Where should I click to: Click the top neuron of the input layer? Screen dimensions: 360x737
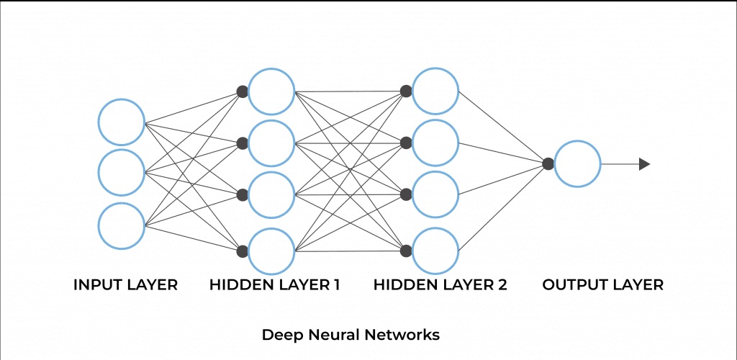[122, 122]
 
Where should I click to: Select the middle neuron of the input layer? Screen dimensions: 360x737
[122, 173]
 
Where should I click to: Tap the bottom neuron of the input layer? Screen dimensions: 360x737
[122, 225]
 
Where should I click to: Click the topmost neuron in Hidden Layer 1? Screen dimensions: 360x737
[271, 91]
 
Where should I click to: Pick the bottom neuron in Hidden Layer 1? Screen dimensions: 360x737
[271, 251]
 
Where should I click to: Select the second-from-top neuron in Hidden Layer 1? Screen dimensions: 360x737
[271, 143]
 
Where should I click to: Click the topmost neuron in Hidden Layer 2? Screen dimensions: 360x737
[435, 91]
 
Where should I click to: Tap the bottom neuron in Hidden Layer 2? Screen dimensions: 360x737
[435, 251]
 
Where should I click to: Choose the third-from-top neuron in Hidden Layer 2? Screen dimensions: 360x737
[435, 194]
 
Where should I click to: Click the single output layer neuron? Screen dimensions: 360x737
[577, 164]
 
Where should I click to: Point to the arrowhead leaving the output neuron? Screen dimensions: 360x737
[644, 164]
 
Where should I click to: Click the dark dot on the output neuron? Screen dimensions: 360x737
[548, 164]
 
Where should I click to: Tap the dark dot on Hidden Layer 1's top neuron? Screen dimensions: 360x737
[243, 91]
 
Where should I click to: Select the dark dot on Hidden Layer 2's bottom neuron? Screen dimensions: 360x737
[406, 251]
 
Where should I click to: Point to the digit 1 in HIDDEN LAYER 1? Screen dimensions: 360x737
[336, 285]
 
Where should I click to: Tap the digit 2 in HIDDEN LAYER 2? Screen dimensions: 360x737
[502, 285]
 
